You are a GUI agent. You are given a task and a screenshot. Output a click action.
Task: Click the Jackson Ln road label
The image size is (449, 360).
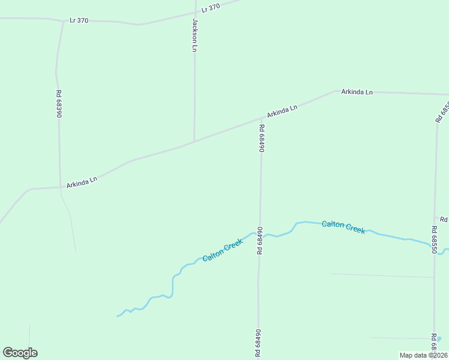194,35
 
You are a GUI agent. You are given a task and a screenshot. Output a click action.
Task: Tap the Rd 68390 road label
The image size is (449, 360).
59,103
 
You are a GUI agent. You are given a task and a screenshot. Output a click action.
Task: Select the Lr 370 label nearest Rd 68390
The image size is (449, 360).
79,20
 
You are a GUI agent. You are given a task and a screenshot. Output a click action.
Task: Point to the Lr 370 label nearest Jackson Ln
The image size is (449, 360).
211,8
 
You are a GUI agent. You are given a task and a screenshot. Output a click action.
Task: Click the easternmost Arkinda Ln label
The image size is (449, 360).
357,92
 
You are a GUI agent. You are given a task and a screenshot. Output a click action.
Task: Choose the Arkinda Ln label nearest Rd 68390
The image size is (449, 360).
82,182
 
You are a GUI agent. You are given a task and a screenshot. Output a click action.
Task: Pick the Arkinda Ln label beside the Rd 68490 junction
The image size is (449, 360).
282,111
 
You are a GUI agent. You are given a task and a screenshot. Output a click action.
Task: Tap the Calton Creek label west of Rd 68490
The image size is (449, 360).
223,250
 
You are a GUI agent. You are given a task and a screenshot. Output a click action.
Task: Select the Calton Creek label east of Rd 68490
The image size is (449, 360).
343,227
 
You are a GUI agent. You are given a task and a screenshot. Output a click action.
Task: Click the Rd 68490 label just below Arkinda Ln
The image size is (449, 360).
262,138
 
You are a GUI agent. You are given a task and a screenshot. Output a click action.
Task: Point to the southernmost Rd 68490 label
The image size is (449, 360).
259,344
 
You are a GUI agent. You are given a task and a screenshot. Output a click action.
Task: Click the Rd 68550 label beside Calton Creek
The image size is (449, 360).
433,239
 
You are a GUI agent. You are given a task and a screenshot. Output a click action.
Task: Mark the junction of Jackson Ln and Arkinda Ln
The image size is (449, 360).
194,142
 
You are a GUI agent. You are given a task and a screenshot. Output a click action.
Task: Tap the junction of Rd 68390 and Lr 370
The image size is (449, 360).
63,22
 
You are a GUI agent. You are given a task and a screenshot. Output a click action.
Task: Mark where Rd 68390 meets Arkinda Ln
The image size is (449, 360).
59,187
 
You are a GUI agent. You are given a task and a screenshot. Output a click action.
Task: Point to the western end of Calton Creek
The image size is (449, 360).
118,316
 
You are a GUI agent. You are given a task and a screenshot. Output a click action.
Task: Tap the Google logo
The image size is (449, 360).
20,353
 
